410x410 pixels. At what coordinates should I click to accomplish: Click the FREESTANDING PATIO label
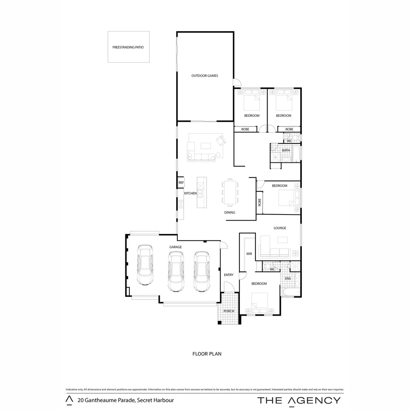tap(128, 48)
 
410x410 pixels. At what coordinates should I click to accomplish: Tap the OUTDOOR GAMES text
tap(205, 76)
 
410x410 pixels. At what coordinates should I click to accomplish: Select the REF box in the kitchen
tap(181, 183)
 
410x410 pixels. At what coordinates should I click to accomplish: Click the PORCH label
tap(229, 311)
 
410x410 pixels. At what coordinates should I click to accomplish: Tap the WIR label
tap(249, 254)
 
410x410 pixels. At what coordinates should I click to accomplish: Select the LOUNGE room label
tap(280, 228)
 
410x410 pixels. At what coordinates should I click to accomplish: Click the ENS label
tap(288, 278)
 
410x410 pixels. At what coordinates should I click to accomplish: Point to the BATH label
tap(286, 150)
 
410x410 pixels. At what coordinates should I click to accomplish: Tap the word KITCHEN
tap(191, 194)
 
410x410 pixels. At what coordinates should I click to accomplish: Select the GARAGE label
tap(175, 247)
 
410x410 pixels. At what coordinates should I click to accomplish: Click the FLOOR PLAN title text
tap(207, 354)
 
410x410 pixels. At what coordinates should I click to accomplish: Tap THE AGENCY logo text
tap(299, 400)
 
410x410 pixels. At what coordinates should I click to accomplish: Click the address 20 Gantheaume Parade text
tap(125, 400)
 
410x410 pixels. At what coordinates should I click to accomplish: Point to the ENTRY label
tap(229, 275)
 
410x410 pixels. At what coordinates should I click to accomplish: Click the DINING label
tap(230, 213)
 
